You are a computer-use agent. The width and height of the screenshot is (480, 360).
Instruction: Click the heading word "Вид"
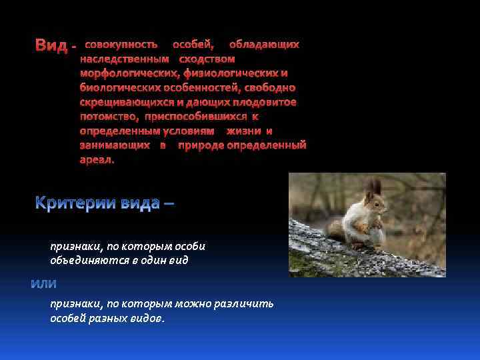[51, 46]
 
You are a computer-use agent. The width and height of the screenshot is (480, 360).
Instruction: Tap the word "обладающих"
[264, 45]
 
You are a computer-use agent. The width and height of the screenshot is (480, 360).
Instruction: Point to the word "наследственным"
[125, 59]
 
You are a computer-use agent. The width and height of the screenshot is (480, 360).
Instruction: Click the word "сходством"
[207, 59]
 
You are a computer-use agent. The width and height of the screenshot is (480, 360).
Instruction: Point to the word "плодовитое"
[264, 102]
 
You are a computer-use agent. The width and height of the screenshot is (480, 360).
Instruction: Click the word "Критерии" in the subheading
[76, 203]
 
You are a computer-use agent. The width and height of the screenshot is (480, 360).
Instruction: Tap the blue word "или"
[44, 284]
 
